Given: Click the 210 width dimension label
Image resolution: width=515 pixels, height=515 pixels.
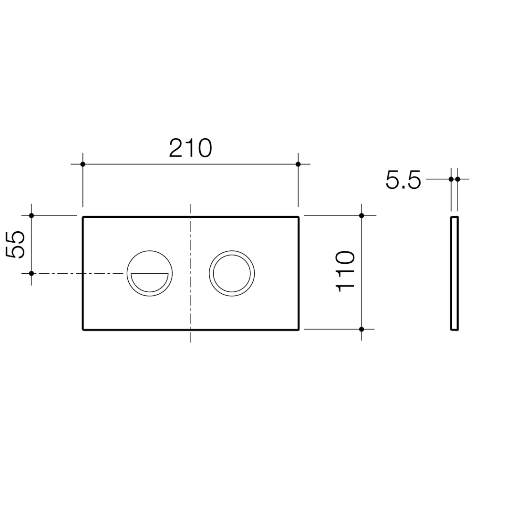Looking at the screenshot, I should (x=190, y=148).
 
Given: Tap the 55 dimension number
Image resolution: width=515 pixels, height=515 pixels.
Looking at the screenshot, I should (x=16, y=245).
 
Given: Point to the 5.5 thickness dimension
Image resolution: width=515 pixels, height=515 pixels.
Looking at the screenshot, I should (x=403, y=180).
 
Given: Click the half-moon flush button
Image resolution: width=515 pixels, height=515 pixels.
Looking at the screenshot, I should (x=150, y=273).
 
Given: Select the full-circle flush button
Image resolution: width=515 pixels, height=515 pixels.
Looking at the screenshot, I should (x=232, y=273).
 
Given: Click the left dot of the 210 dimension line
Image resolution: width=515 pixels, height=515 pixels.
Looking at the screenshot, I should (x=83, y=164).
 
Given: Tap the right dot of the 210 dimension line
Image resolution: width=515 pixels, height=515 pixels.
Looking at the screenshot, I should (x=298, y=164).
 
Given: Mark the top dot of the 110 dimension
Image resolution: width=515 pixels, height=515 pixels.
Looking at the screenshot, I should (x=361, y=216).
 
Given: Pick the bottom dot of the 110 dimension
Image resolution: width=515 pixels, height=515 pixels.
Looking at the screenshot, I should (x=361, y=329).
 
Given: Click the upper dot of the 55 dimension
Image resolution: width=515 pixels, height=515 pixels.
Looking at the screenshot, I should (x=31, y=216).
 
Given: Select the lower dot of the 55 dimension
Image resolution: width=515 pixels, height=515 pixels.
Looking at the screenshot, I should (x=31, y=273).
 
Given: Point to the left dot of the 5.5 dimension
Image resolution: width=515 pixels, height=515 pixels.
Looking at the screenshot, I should (x=451, y=179).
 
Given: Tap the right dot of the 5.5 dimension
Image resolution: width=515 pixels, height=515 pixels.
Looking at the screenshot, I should (x=458, y=179).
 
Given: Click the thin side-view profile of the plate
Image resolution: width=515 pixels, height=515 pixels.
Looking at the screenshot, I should (x=454, y=273).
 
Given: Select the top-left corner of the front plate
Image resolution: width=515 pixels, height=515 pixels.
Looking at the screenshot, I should (x=83, y=217).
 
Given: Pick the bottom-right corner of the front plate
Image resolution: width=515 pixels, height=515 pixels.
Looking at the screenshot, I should (x=298, y=329).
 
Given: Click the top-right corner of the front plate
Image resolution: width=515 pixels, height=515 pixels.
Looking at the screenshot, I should (x=298, y=217).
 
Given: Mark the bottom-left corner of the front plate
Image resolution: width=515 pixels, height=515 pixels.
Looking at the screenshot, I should (x=83, y=329).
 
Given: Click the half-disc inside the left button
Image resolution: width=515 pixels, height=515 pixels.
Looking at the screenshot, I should (x=150, y=281).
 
